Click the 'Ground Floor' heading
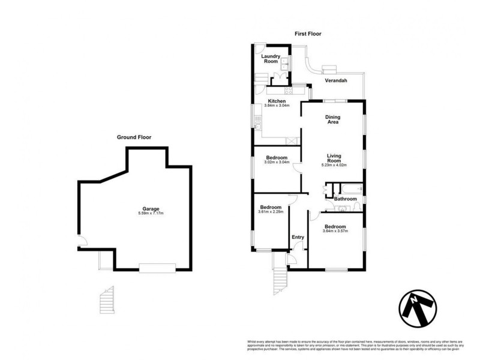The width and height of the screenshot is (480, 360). (134, 137)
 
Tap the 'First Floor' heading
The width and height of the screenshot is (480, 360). (308, 34)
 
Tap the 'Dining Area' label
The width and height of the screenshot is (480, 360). (332, 119)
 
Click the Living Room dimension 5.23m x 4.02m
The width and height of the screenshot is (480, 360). (334, 165)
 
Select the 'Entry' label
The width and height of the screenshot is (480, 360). (298, 237)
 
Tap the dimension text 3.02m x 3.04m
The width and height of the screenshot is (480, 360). (277, 162)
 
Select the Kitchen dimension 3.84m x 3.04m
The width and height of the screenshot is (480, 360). (277, 106)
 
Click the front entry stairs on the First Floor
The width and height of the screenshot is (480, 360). (278, 278)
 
